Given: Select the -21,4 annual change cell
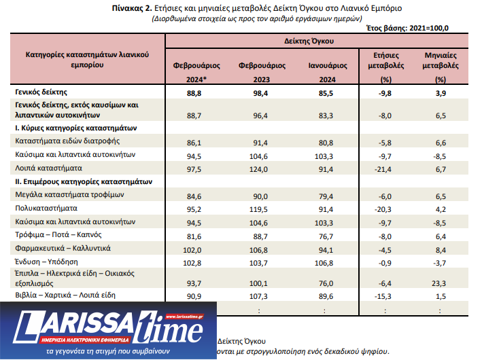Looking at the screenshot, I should pyautogui.click(x=385, y=167).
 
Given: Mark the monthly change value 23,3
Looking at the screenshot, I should pyautogui.click(x=439, y=283).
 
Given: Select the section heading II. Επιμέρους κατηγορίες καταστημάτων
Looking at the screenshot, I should pyautogui.click(x=87, y=181).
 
